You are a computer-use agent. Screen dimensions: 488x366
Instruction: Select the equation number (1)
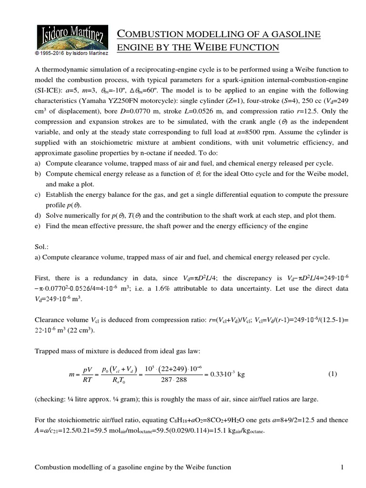(333, 374)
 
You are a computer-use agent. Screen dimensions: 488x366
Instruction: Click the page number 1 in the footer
(342, 468)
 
